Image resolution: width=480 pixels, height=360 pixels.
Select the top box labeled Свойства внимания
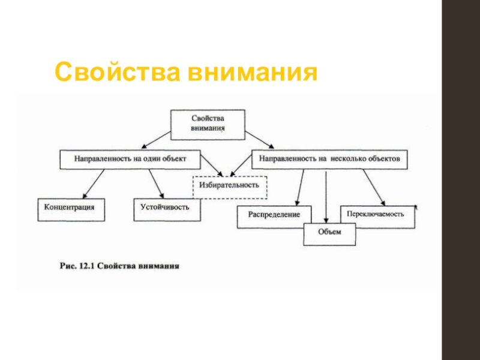[x=208, y=124]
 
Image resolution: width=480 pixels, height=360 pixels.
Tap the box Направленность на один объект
[x=130, y=160]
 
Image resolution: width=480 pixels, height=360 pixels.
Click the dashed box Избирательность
[x=229, y=185]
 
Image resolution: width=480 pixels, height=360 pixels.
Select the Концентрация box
[x=70, y=207]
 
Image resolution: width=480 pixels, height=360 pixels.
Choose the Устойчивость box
[x=165, y=207]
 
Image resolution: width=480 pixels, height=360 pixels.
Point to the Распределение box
[x=274, y=215]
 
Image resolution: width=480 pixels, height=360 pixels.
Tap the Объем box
[x=329, y=233]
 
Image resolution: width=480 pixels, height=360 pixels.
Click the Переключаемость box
[x=377, y=214]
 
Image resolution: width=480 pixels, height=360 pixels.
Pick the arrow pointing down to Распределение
[x=301, y=187]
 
